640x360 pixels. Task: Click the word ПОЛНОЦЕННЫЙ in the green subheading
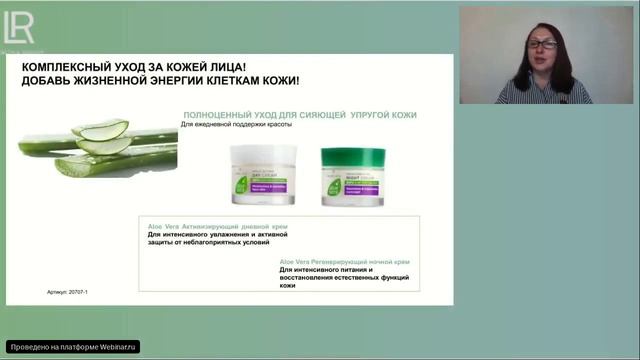219,115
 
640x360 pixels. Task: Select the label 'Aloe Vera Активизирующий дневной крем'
216,227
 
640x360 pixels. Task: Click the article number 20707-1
79,293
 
